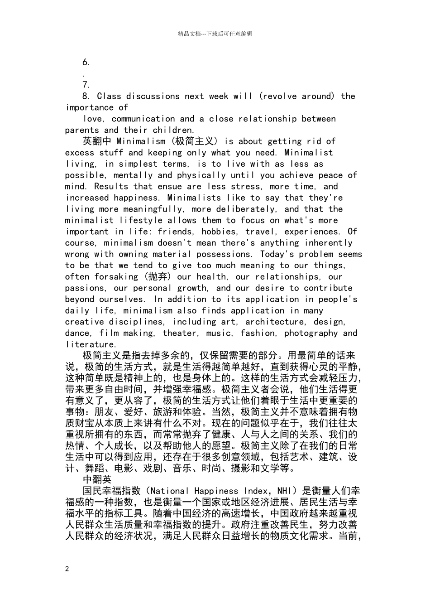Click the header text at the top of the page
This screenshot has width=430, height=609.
[215, 34]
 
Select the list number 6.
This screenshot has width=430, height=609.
[86, 62]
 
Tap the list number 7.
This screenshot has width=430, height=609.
[86, 85]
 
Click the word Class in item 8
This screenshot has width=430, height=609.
[109, 96]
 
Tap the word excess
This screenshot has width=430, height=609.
[80, 153]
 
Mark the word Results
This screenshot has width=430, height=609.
[111, 186]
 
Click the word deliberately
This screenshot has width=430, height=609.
[246, 209]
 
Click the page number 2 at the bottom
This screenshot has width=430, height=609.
[67, 569]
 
